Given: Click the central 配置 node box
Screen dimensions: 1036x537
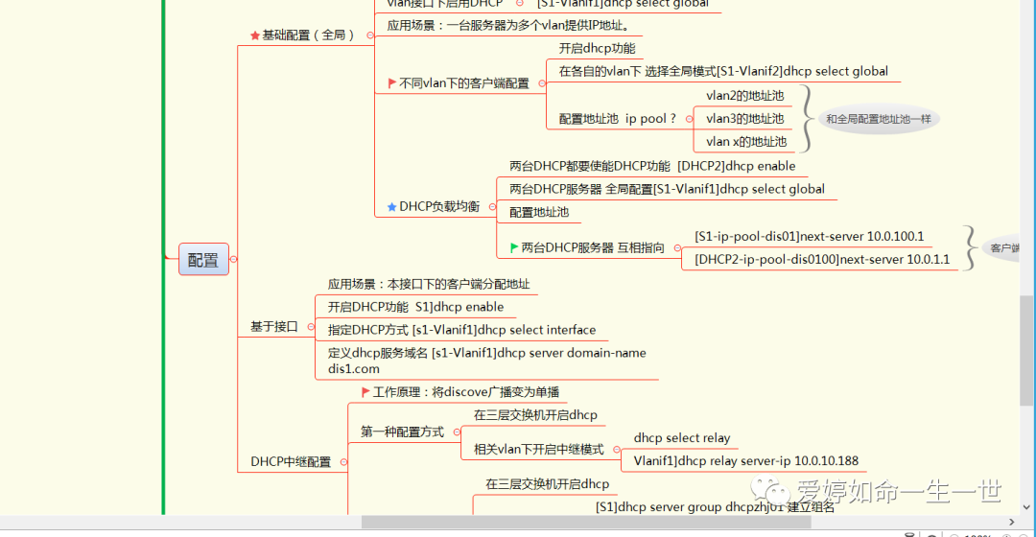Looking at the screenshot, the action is tap(203, 259).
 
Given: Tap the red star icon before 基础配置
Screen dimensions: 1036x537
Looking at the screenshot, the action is tap(254, 35).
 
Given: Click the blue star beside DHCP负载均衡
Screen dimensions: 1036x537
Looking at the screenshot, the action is tap(391, 206).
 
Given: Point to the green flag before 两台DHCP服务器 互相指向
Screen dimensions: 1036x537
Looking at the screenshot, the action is tap(514, 247).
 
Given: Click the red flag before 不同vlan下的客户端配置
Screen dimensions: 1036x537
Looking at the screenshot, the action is tap(391, 83).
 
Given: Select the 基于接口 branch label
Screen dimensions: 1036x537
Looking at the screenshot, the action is tap(274, 327).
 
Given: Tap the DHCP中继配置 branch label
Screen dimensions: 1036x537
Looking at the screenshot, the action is tap(291, 461).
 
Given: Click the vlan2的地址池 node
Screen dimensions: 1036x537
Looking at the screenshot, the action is tap(744, 96).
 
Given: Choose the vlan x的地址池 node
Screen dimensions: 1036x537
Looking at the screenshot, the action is tap(745, 142).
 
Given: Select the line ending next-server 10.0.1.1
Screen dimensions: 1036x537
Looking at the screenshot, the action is tap(822, 259).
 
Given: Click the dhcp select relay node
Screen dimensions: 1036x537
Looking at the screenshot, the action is tap(681, 438).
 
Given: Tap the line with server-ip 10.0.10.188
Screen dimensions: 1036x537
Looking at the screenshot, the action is tap(746, 461).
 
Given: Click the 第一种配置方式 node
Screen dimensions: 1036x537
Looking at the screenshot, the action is tap(402, 432).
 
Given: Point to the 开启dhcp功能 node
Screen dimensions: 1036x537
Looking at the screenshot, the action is tap(597, 48).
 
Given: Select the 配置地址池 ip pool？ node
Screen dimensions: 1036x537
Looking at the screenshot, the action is tap(618, 119).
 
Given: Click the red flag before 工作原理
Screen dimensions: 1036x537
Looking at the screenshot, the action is tap(365, 391).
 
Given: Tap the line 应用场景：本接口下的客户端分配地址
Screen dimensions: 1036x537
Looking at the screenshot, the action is tap(428, 285).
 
